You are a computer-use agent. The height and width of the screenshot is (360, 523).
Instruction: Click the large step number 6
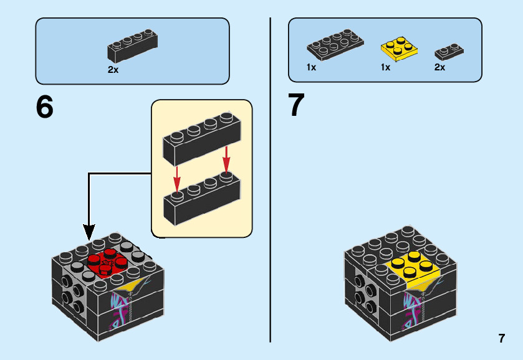(45, 107)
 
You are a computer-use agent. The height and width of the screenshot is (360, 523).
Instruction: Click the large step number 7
(297, 105)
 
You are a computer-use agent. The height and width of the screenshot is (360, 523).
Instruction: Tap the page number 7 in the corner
(501, 339)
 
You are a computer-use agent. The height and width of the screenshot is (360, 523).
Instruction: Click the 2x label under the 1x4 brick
(113, 70)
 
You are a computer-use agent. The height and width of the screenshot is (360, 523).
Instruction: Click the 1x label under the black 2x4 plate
(312, 67)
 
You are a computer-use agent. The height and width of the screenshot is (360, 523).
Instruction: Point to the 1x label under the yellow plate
(385, 67)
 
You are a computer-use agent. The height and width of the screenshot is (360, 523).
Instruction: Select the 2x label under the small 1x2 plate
(440, 67)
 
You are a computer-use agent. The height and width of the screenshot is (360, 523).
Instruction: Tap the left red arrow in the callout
(177, 180)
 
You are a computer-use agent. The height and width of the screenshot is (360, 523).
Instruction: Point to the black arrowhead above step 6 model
(89, 232)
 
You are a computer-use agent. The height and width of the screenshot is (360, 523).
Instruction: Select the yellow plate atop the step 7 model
(412, 266)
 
